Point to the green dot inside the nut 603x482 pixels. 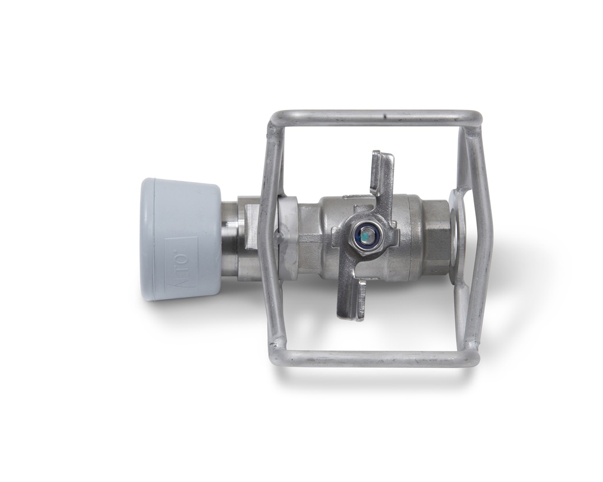(x=366, y=237)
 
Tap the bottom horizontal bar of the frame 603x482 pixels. (x=377, y=358)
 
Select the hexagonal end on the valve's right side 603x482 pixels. (x=436, y=238)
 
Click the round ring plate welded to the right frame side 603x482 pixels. (x=458, y=235)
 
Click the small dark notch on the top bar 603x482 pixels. (x=383, y=115)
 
